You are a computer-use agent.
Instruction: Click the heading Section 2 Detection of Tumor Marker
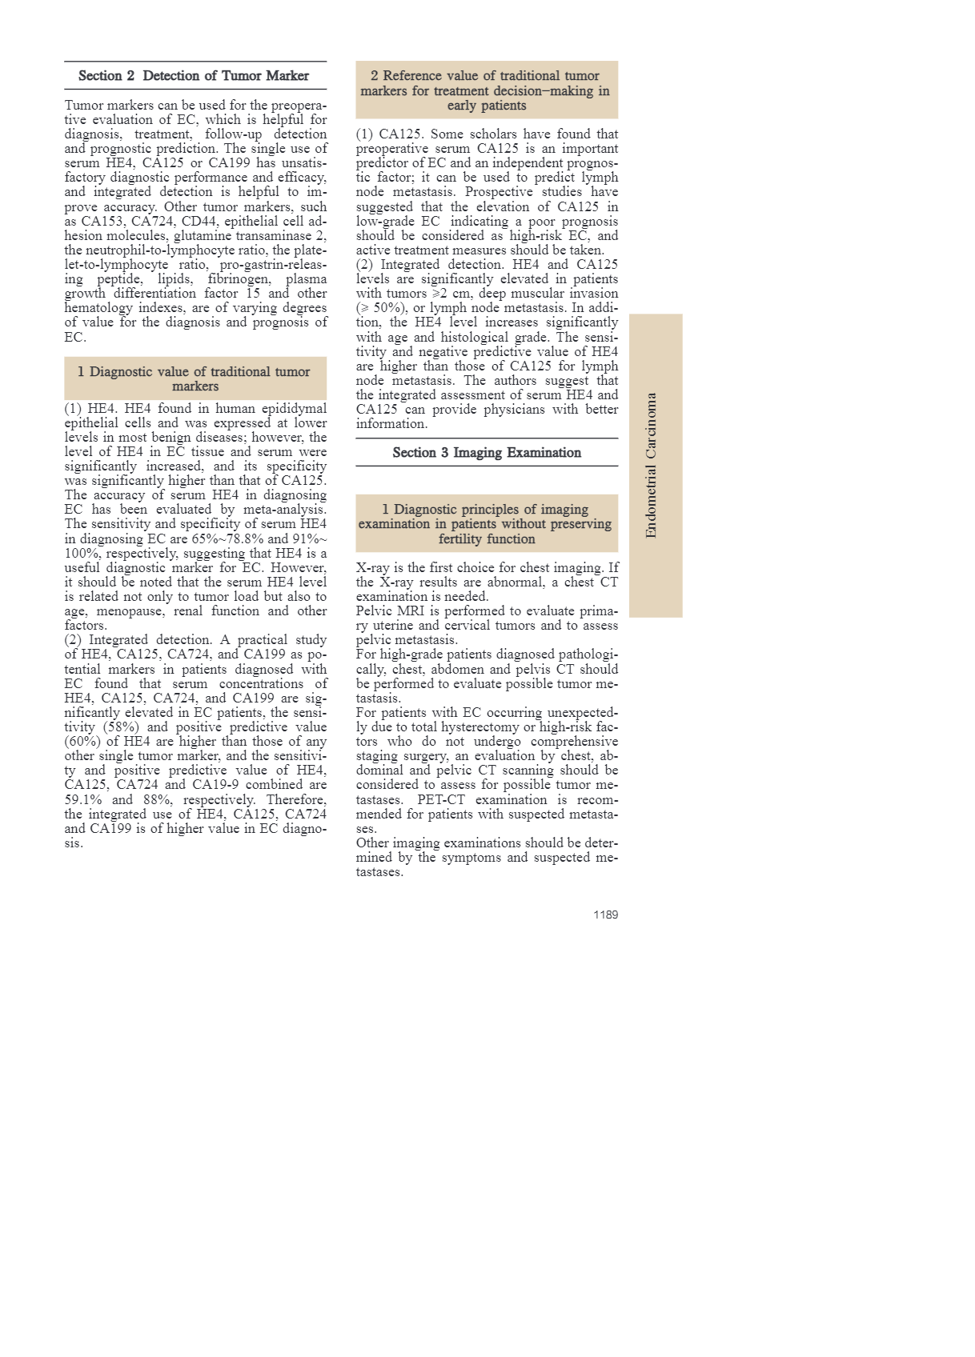point(194,76)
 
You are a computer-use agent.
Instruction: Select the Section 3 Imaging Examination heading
point(487,453)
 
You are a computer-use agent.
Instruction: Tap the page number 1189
point(605,915)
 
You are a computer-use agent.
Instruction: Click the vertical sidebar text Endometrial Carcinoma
point(652,465)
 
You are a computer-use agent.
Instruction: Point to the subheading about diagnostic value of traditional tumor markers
point(195,378)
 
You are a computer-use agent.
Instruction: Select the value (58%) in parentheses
point(119,727)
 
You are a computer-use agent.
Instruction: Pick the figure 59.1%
point(82,799)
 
